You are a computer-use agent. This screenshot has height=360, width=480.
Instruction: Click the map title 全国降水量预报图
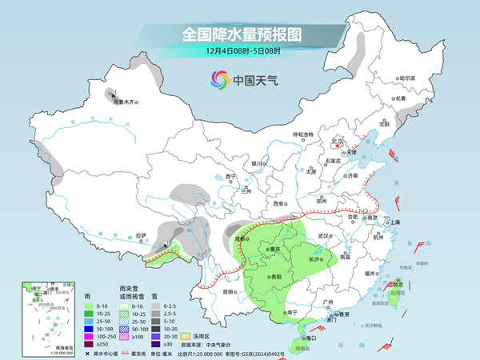click(240, 34)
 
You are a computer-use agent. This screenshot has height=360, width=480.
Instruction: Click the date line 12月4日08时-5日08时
click(240, 53)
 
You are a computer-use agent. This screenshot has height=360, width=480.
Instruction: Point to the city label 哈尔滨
click(408, 78)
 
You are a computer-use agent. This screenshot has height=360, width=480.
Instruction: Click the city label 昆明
click(230, 292)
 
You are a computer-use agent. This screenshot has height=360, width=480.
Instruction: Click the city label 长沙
click(315, 258)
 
